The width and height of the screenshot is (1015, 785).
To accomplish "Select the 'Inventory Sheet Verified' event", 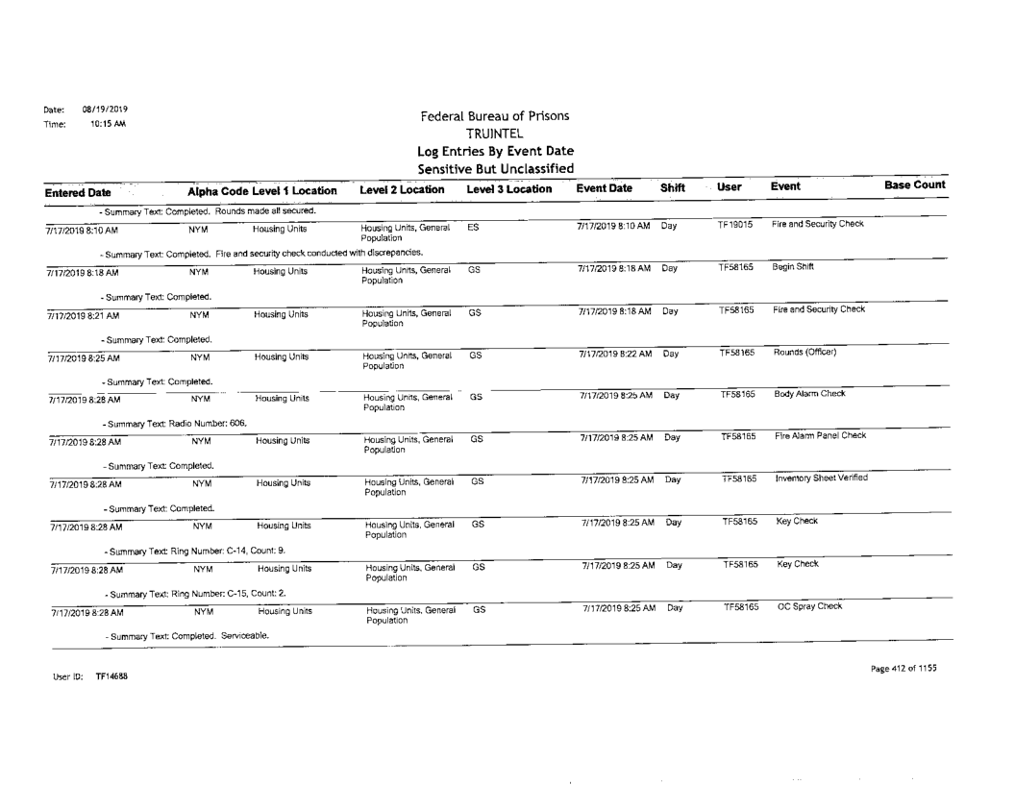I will (821, 478).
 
